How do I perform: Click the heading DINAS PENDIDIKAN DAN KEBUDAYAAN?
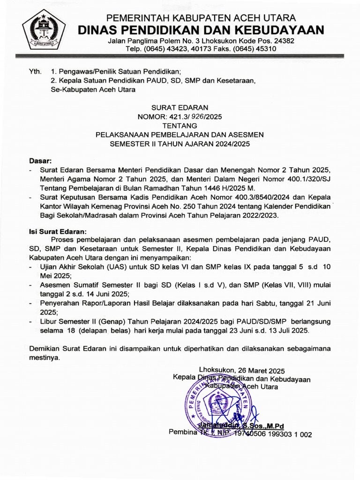coord(201,30)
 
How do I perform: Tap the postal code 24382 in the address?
coord(284,41)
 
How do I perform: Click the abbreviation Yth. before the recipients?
coord(35,72)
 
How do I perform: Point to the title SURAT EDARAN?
coord(180,107)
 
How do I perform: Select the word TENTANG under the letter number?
coord(180,126)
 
